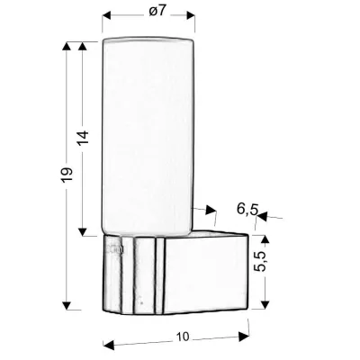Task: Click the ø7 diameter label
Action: pyautogui.click(x=157, y=11)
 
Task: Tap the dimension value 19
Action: pyautogui.click(x=67, y=175)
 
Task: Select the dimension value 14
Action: pyautogui.click(x=84, y=138)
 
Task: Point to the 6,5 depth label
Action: pyautogui.click(x=247, y=209)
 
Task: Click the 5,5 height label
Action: pyautogui.click(x=259, y=262)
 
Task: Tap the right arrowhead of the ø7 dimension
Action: pyautogui.click(x=190, y=14)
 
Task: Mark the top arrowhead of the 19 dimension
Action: pyautogui.click(x=67, y=46)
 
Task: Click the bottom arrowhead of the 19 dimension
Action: pyautogui.click(x=67, y=305)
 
